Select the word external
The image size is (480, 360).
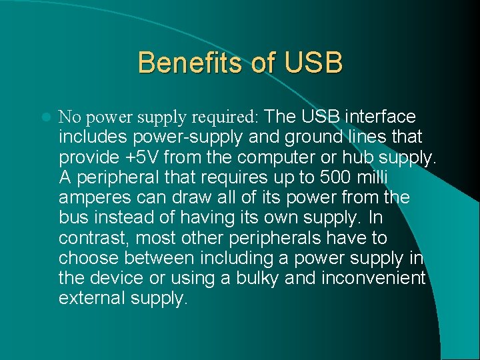click(89, 298)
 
